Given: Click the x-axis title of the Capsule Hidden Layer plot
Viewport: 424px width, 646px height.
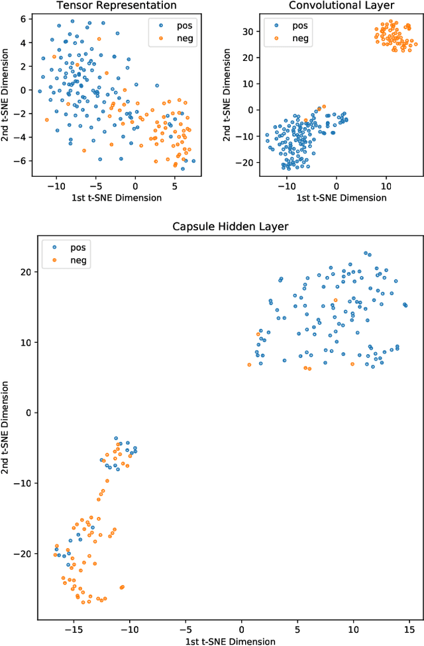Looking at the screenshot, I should click(x=224, y=640).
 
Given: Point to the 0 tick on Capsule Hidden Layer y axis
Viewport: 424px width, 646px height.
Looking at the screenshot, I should click(x=26, y=412).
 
